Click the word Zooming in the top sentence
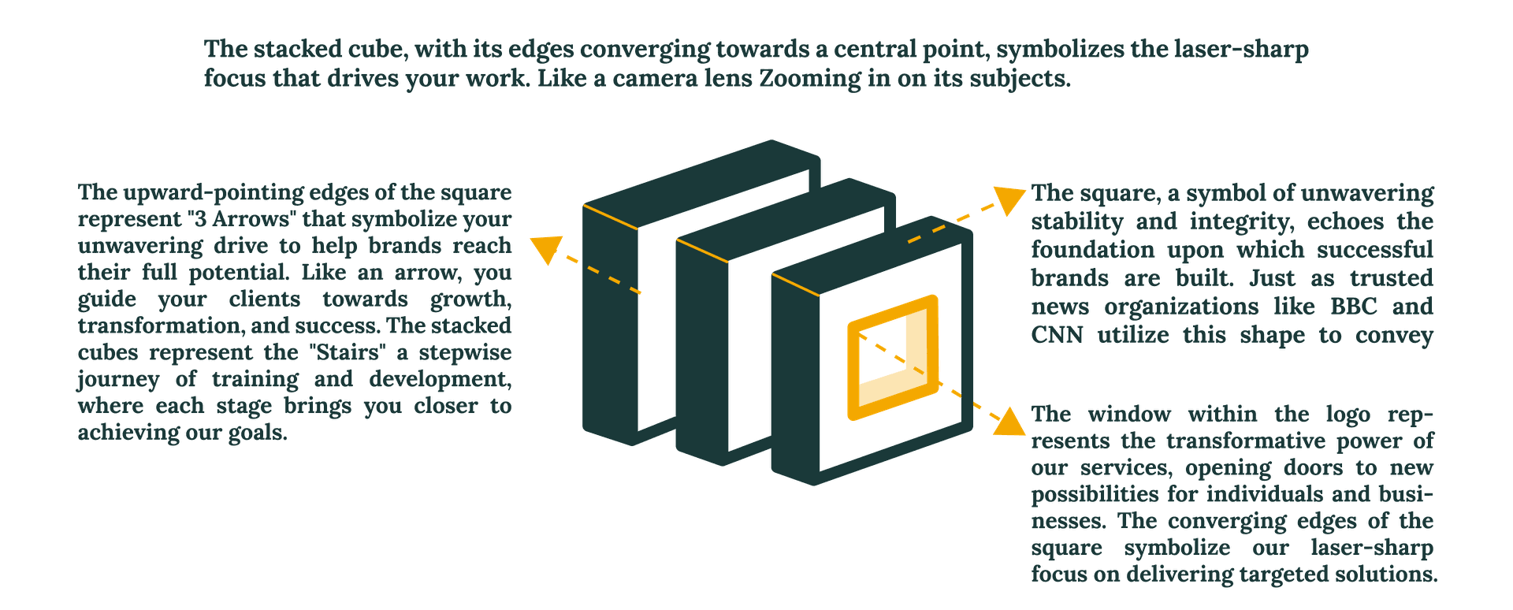(810, 79)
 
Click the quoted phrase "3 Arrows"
(244, 219)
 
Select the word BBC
(1354, 307)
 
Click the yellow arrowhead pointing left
(545, 247)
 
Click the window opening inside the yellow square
(883, 350)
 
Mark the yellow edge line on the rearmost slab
(610, 217)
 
